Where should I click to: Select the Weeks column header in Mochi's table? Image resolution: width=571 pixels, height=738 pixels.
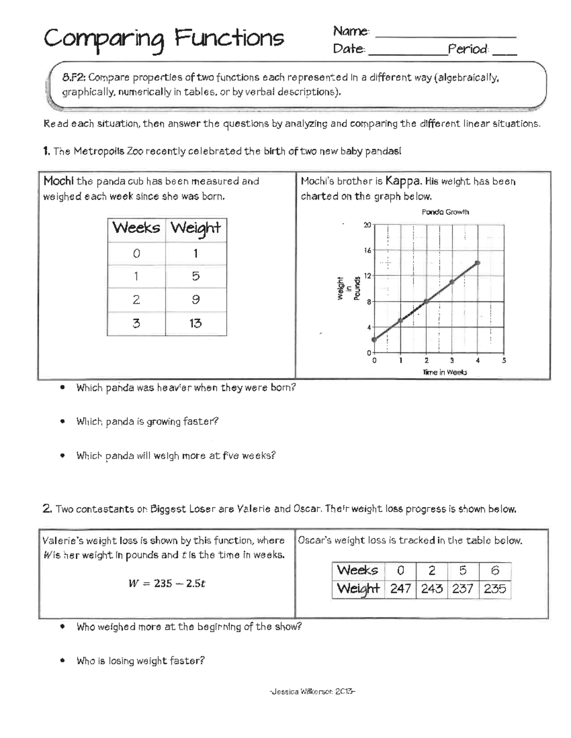136,228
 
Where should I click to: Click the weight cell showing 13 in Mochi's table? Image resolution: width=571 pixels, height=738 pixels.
196,324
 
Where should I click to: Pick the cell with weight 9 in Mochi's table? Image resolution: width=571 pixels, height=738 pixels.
196,300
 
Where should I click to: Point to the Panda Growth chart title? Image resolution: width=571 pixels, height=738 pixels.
445,212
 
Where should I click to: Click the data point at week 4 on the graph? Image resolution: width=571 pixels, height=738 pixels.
478,262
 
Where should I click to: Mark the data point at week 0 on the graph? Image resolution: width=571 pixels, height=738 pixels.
374,339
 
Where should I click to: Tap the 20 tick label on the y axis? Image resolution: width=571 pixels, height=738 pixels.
367,225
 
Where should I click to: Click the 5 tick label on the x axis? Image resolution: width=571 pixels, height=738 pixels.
504,361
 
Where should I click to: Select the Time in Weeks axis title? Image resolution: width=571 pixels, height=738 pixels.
445,373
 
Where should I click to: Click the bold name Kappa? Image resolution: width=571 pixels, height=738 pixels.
403,181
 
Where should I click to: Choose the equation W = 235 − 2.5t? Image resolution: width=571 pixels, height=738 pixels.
167,584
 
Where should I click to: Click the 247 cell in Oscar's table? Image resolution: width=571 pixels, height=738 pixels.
400,589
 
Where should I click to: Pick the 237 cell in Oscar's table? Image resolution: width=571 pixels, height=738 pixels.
463,589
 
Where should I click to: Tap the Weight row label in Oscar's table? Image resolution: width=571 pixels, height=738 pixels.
358,589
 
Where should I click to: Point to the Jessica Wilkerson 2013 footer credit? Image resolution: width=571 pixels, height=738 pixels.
312,691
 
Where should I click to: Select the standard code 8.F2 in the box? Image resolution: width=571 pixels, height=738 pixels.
73,77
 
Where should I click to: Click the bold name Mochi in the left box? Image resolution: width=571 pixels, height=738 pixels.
59,181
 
